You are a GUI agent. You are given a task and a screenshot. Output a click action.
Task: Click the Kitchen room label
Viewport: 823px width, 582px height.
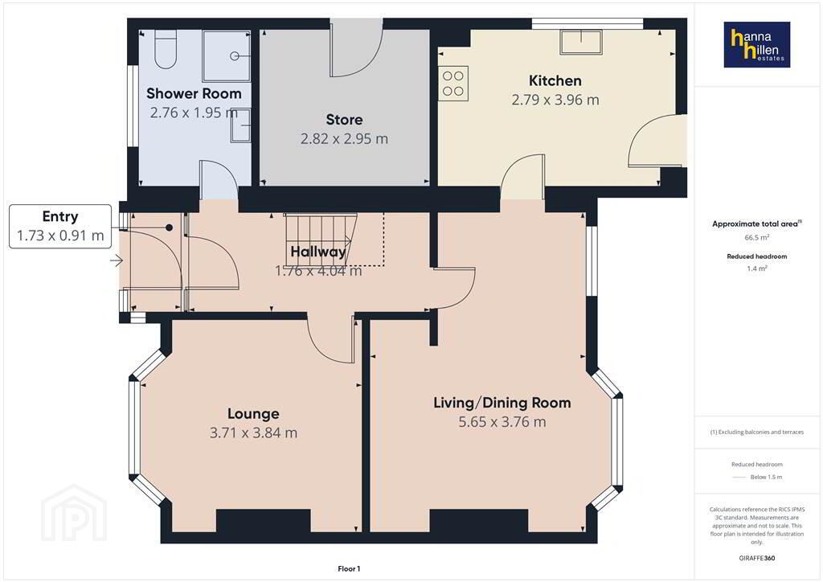[555, 81]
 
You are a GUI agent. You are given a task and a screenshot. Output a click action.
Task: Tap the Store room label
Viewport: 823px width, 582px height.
[344, 120]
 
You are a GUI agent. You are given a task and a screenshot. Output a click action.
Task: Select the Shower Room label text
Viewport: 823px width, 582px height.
[194, 93]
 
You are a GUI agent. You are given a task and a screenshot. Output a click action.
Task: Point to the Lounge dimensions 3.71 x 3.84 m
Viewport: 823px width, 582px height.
[253, 433]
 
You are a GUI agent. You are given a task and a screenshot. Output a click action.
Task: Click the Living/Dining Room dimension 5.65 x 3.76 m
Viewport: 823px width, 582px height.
[502, 422]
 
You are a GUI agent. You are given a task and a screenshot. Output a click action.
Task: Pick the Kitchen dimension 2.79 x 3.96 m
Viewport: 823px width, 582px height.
[555, 100]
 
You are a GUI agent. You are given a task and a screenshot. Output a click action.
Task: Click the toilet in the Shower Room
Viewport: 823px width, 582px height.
[166, 49]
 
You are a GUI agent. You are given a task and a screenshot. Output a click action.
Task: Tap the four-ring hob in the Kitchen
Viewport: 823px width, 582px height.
[453, 84]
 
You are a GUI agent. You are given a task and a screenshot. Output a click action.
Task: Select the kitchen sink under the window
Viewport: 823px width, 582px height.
[581, 42]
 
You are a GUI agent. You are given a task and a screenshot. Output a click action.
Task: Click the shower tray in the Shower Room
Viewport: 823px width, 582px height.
[226, 55]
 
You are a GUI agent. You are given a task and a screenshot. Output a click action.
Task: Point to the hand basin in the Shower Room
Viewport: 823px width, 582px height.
[240, 125]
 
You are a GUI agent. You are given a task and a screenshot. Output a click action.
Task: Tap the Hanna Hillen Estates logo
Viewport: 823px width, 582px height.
[757, 44]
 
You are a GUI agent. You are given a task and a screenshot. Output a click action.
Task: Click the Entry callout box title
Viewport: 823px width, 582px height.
[60, 216]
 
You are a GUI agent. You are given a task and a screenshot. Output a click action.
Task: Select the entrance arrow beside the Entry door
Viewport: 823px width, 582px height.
[117, 260]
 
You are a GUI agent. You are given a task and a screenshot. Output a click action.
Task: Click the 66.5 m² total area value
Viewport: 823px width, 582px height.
[757, 237]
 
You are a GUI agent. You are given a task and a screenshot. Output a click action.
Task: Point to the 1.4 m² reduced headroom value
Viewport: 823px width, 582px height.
[757, 268]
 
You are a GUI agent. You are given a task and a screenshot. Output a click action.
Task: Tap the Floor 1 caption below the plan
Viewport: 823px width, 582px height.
[349, 569]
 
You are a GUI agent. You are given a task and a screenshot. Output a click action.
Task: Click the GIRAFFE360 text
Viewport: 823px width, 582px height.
[757, 558]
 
